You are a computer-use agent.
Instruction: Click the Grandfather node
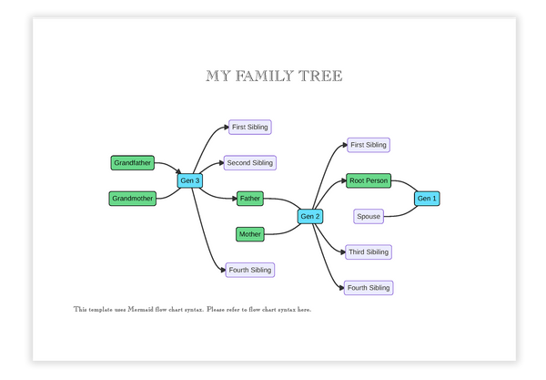point(133,163)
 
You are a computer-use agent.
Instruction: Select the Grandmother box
point(133,198)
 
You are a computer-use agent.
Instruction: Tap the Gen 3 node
point(190,180)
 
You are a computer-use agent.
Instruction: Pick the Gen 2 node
point(310,216)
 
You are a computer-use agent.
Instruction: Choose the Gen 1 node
point(427,198)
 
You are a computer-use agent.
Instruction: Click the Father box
point(250,198)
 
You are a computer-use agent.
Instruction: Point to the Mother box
point(250,234)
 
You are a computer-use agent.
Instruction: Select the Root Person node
point(369,180)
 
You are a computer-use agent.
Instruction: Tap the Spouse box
point(369,216)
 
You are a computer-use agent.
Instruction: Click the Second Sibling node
point(250,163)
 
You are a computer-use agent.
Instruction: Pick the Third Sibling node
point(369,252)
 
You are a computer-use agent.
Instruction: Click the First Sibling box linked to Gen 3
point(250,127)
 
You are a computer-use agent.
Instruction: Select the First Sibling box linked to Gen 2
point(369,145)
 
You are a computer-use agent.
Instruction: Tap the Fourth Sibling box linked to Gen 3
point(250,270)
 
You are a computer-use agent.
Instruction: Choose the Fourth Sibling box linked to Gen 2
point(369,288)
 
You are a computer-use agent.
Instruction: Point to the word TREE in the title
point(319,76)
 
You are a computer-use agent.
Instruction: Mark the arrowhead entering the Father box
point(234,198)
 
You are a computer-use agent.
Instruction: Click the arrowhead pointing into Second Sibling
point(221,163)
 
